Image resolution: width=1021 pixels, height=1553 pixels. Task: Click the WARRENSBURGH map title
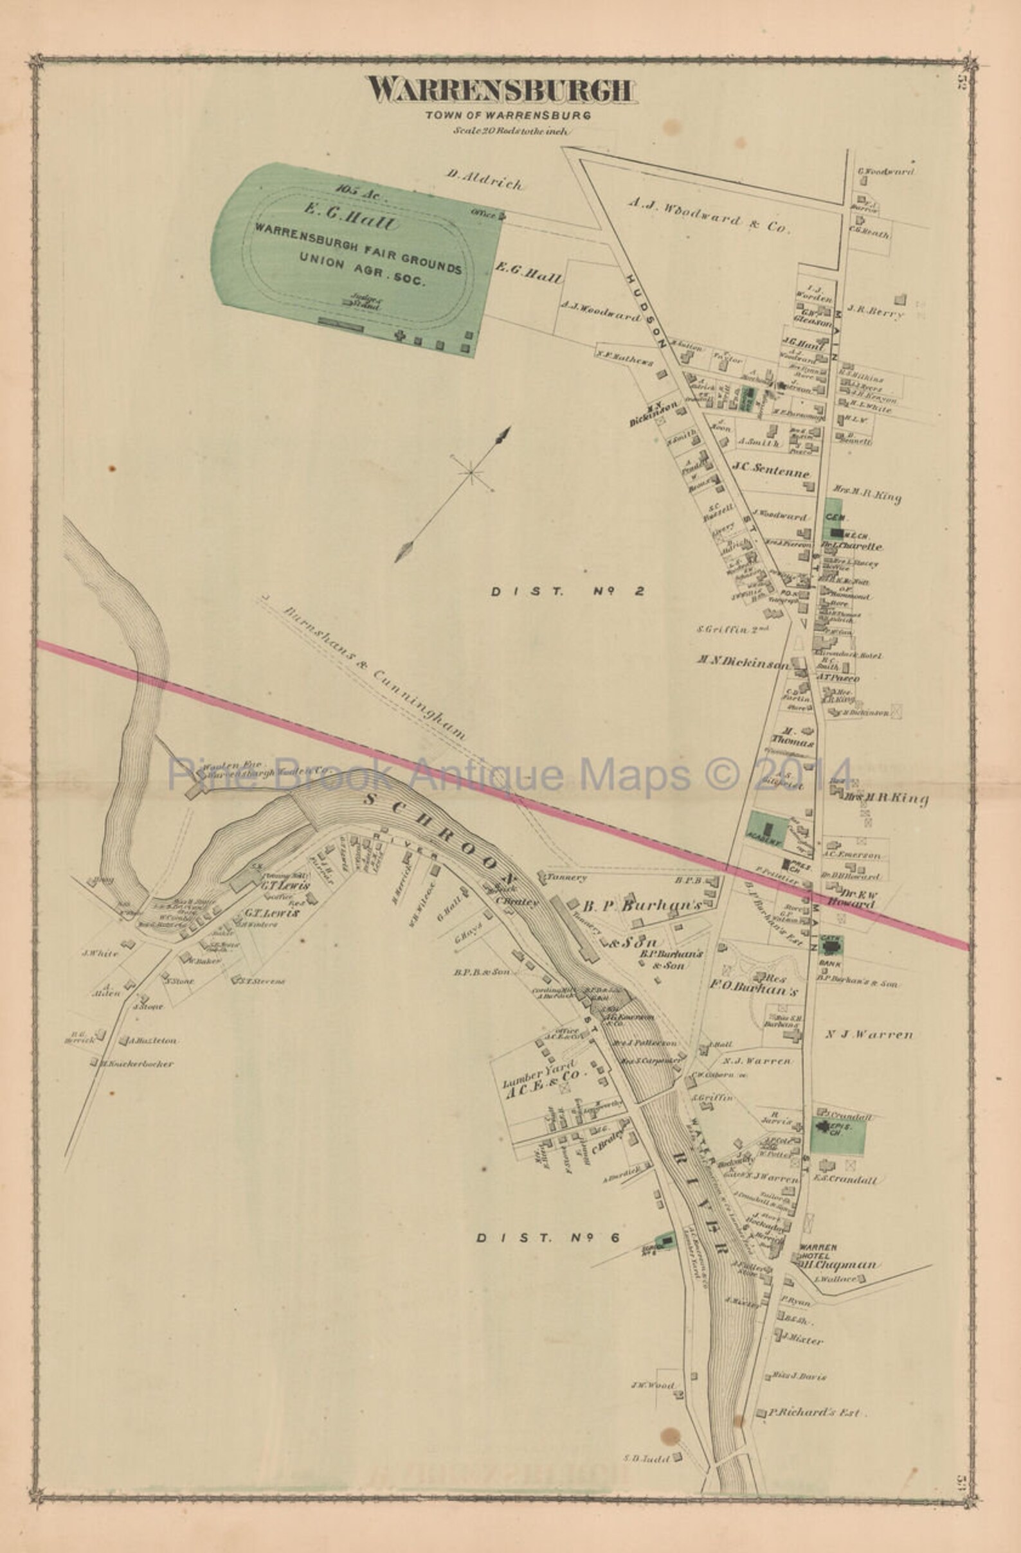(x=500, y=91)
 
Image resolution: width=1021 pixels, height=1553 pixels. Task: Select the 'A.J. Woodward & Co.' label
(x=710, y=215)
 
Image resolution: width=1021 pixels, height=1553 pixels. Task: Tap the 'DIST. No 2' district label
(x=568, y=591)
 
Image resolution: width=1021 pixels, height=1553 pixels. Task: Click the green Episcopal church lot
(x=837, y=1135)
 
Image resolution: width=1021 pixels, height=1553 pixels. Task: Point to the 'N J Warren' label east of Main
(x=868, y=1034)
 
